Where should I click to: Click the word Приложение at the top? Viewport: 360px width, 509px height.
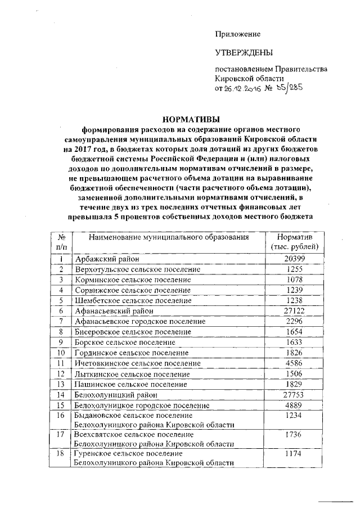pos(238,34)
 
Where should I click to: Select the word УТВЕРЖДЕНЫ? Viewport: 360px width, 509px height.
pos(244,53)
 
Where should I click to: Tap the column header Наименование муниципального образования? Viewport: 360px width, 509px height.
pos(169,237)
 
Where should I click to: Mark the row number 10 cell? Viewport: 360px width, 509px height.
pos(62,353)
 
